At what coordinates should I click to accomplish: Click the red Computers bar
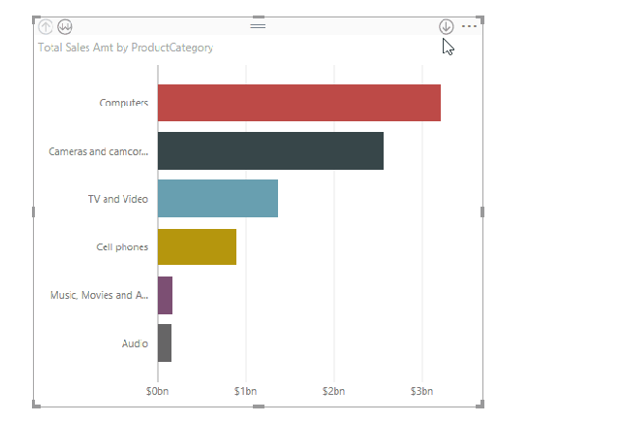pos(298,103)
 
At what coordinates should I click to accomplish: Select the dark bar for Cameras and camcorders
pos(270,151)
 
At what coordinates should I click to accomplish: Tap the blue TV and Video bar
pos(217,199)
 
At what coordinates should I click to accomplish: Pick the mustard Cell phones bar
pos(197,247)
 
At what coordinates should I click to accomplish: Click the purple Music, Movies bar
pos(165,295)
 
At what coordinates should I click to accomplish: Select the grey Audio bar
pos(164,342)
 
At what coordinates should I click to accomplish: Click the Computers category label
pos(123,103)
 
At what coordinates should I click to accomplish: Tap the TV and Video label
pos(117,199)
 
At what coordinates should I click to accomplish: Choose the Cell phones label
pos(122,247)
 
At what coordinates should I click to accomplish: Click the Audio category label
pos(135,343)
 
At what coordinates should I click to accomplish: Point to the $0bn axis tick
pos(158,391)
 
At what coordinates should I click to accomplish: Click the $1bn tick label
pos(246,391)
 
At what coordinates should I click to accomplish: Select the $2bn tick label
pos(334,391)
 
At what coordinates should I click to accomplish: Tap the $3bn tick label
pos(422,391)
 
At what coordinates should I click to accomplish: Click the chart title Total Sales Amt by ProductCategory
pos(125,47)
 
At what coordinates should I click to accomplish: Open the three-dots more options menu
pos(470,26)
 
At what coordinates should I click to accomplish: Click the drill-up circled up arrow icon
pos(46,26)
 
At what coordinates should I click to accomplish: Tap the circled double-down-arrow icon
pos(65,26)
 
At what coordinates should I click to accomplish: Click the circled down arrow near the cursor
pos(446,26)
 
